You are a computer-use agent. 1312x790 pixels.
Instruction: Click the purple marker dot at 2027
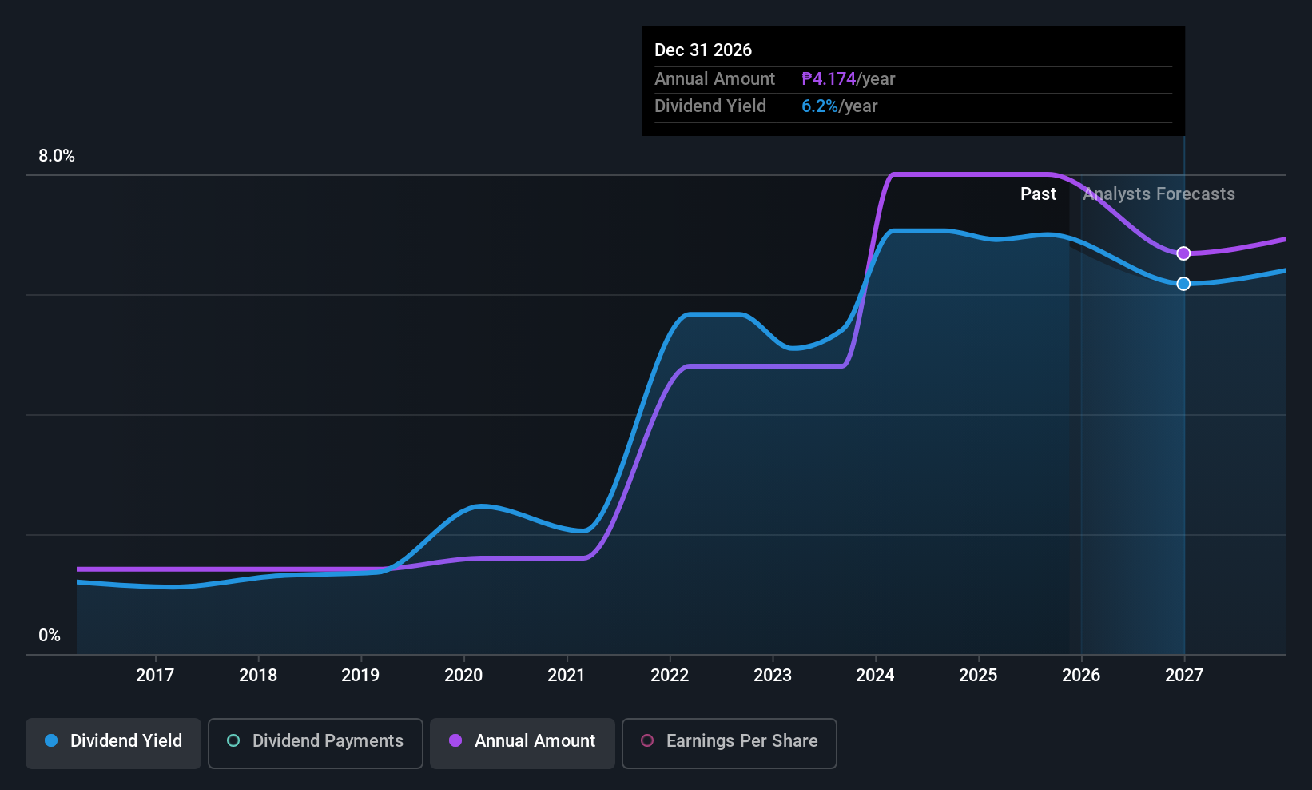[1183, 253]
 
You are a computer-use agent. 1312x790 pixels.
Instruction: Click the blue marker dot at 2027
[1183, 284]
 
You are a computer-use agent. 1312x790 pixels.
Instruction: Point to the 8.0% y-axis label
[57, 156]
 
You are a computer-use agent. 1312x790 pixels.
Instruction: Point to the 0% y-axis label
[50, 636]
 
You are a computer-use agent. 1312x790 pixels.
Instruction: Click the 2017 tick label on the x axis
[155, 676]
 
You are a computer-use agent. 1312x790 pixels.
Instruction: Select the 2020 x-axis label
[463, 676]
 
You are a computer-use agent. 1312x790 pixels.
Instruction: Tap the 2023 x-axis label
[773, 676]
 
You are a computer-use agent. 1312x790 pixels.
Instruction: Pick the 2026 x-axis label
[1081, 676]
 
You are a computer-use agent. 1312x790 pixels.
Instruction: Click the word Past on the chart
[1038, 194]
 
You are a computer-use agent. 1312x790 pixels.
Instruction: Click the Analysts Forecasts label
[1159, 194]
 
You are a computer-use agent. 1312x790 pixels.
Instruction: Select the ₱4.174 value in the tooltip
[829, 79]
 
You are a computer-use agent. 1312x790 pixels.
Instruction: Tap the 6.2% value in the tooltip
[820, 106]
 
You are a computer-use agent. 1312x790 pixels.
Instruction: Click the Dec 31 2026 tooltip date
[703, 50]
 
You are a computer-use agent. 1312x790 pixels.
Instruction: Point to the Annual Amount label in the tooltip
[714, 79]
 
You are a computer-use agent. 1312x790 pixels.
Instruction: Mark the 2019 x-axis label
[360, 676]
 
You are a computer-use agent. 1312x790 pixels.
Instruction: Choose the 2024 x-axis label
[875, 676]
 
